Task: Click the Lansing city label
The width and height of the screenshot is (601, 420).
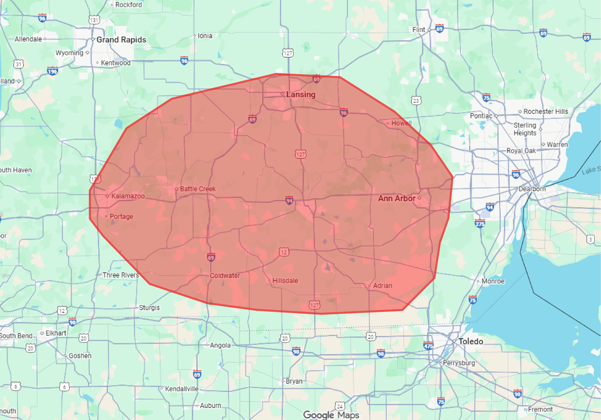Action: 300,95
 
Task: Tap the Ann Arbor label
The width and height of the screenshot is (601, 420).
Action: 397,198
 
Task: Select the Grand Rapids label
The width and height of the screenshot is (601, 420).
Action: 121,40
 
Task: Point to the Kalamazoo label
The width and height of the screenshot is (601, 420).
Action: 128,196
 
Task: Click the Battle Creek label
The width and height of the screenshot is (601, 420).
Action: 198,189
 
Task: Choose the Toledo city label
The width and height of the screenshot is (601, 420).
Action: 471,341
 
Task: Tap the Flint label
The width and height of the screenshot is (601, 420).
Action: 419,30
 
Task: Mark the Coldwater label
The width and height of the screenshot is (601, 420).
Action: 225,276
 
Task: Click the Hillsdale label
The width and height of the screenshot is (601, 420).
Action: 285,281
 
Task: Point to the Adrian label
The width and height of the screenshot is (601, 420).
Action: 383,286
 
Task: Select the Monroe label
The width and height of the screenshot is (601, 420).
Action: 493,281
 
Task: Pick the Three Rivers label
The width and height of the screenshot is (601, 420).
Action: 121,275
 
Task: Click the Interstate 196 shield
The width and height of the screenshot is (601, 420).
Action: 52,71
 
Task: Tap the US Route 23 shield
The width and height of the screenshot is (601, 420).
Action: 416,101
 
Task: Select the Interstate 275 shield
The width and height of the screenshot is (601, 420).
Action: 480,224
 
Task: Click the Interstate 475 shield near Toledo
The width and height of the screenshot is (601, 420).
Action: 428,346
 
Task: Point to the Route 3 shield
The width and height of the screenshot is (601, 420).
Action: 590,240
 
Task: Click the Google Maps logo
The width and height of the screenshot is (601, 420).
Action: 331,415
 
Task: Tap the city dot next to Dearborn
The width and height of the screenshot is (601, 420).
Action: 516,189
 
